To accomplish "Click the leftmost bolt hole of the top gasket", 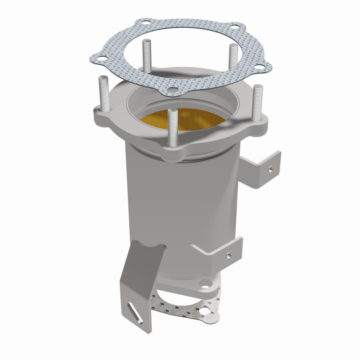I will [x=103, y=57].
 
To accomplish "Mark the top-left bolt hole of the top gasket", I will [x=145, y=26].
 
